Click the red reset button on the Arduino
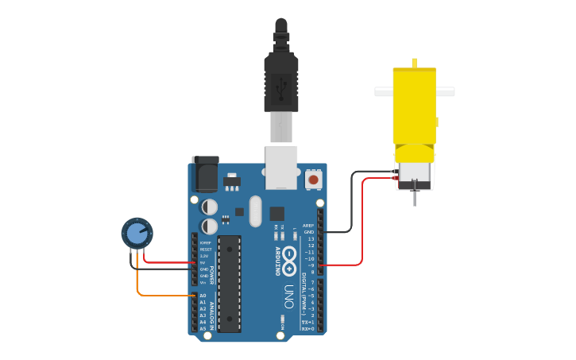(313, 180)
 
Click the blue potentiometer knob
(137, 234)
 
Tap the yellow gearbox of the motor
(414, 107)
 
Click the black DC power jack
(206, 176)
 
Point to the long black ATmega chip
(229, 283)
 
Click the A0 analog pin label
(203, 296)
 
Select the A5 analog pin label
(203, 328)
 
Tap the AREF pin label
(308, 226)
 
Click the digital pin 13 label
(311, 238)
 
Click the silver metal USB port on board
(281, 167)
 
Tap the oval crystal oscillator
(254, 211)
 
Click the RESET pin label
(206, 249)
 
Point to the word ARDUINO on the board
(277, 261)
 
